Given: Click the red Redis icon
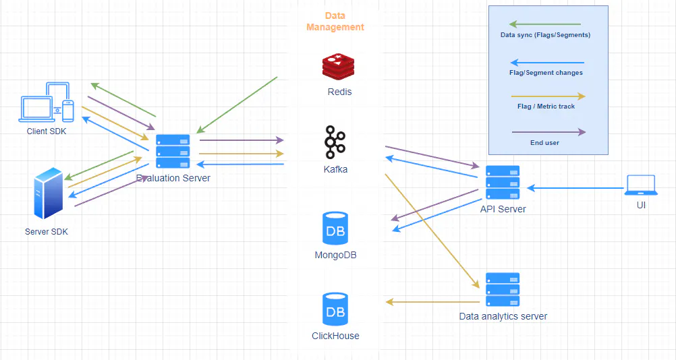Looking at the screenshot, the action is point(339,67).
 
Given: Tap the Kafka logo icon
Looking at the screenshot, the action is point(335,142).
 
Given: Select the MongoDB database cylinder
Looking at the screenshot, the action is point(335,229).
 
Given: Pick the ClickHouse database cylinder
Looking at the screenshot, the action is point(335,309).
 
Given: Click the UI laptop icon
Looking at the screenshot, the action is point(641,185).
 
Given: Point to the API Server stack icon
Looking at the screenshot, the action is point(503,182).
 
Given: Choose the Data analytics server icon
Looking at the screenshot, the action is point(503,289).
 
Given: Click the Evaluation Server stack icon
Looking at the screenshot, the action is point(173,151).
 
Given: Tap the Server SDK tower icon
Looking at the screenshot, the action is point(49,193).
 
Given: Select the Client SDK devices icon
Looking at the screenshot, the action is point(46,102).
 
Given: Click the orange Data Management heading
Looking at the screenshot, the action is point(335,22).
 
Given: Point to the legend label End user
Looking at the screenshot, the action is point(544,142).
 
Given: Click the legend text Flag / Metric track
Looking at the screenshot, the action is point(546,107).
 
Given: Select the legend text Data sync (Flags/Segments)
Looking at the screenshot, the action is point(545,35).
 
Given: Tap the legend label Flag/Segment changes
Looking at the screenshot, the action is point(546,73).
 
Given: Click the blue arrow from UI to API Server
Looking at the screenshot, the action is point(575,187).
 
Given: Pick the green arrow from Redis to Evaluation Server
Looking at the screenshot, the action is point(237,105).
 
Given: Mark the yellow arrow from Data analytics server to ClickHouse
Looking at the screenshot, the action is point(432,302).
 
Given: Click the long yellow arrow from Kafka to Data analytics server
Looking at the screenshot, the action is point(432,231).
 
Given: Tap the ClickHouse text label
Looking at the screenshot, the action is point(335,336).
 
